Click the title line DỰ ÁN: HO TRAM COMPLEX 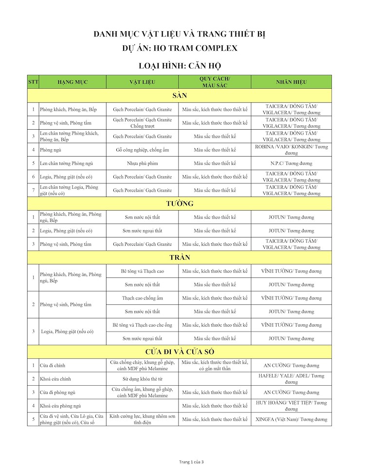[180, 48]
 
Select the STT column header [33, 82]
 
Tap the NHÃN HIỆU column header [292, 82]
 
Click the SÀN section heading [180, 96]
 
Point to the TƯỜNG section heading [180, 203]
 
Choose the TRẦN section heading [180, 257]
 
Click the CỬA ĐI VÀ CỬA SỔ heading [180, 352]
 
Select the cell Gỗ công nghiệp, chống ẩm [142, 150]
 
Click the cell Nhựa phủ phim [142, 163]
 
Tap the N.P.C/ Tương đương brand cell [292, 163]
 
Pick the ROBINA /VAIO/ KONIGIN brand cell [292, 150]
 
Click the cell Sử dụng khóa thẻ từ [142, 378]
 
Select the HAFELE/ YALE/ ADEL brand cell [292, 378]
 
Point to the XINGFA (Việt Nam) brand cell [292, 419]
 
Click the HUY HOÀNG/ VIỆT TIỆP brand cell [292, 406]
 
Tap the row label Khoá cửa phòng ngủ [60, 406]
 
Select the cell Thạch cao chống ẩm [142, 298]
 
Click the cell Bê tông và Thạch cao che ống [142, 325]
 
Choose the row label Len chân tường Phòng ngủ [66, 163]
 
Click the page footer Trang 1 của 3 [191, 462]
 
